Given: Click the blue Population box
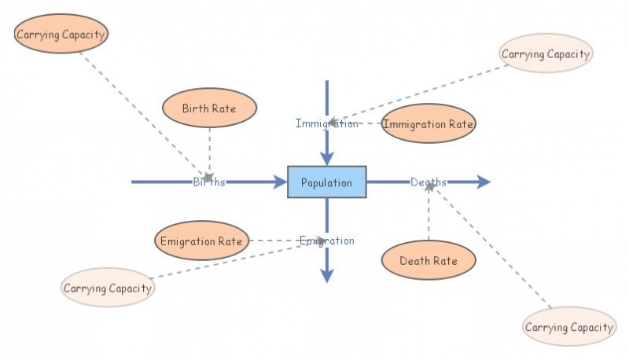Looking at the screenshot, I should click(326, 182).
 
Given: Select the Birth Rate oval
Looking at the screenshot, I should click(209, 108).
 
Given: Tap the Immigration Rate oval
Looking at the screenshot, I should click(429, 123).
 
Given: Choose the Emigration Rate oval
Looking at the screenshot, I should click(202, 241).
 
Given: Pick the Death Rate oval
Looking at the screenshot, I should click(429, 260).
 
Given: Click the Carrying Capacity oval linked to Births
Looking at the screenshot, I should click(61, 35).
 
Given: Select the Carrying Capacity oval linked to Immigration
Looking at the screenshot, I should click(546, 53).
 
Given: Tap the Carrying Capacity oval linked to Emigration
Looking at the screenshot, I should click(108, 288).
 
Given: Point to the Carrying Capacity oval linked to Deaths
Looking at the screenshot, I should click(569, 327).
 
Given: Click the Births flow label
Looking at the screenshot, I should click(209, 182).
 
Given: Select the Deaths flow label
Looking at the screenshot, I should click(429, 182).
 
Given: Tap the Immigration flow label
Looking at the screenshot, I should click(326, 123).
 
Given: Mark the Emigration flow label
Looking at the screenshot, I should click(326, 241).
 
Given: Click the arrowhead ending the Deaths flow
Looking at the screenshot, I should click(483, 182).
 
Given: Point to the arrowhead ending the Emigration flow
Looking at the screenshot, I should click(327, 274).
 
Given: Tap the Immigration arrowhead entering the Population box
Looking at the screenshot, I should click(327, 159).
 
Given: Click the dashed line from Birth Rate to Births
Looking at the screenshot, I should click(209, 149).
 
